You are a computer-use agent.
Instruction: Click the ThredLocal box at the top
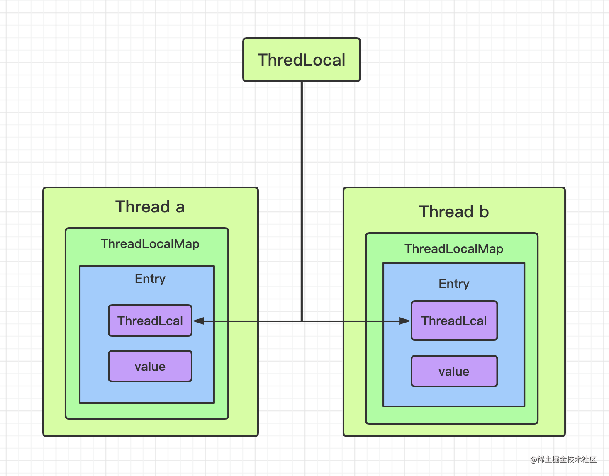pyautogui.click(x=301, y=60)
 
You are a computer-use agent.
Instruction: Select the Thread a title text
pyautogui.click(x=150, y=206)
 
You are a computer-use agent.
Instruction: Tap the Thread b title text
pyautogui.click(x=454, y=211)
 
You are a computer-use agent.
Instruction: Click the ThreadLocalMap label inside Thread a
pyautogui.click(x=150, y=244)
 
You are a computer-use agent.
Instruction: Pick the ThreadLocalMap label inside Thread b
pyautogui.click(x=454, y=249)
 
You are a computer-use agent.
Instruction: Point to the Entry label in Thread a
pyautogui.click(x=150, y=279)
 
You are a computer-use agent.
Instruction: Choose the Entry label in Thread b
pyautogui.click(x=454, y=284)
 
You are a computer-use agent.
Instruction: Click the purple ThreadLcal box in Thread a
pyautogui.click(x=150, y=321)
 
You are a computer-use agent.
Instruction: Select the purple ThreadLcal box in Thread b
pyautogui.click(x=454, y=321)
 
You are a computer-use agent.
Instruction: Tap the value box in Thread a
pyautogui.click(x=150, y=367)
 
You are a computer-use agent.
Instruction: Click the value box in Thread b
pyautogui.click(x=454, y=372)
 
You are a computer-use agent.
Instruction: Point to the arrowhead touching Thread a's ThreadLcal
pyautogui.click(x=198, y=321)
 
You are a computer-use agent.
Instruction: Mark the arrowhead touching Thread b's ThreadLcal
pyautogui.click(x=404, y=321)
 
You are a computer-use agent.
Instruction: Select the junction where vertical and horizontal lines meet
pyautogui.click(x=302, y=321)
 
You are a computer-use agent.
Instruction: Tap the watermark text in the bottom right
pyautogui.click(x=563, y=459)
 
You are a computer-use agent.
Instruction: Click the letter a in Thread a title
pyautogui.click(x=180, y=207)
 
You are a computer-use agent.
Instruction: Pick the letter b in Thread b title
pyautogui.click(x=484, y=211)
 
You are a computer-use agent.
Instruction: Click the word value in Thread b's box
pyautogui.click(x=454, y=372)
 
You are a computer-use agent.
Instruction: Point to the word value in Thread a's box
pyautogui.click(x=150, y=367)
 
